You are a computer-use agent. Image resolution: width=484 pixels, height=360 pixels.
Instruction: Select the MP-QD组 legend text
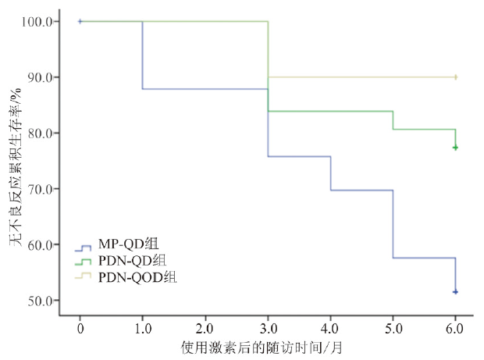pos(129,244)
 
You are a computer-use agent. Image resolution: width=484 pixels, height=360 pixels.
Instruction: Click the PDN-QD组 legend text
pos(132,261)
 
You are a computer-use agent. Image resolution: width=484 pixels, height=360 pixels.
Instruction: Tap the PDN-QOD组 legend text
pos(137,276)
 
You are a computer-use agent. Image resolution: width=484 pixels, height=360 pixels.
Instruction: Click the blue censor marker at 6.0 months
pos(455,292)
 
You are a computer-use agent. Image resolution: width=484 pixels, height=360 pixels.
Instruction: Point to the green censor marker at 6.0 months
pos(455,148)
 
